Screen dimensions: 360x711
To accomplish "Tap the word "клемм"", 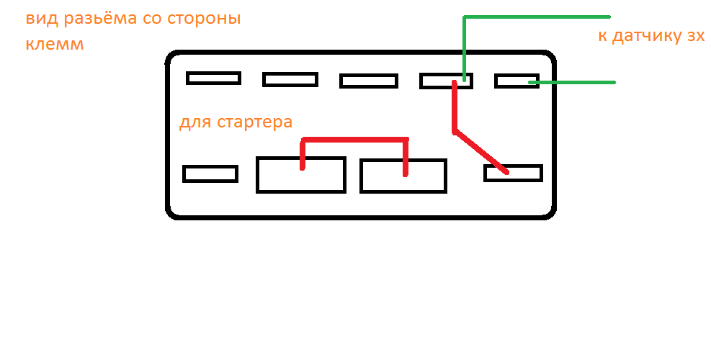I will coord(55,45).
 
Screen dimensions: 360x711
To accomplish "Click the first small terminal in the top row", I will coord(213,78).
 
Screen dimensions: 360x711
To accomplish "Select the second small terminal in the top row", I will coord(290,79).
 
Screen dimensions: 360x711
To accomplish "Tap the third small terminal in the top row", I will coord(368,81).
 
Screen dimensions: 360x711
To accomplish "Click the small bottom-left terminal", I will coord(210,174).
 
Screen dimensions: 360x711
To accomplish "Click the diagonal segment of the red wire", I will coord(481,152).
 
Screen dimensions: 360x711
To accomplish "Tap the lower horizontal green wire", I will coord(576,83).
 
